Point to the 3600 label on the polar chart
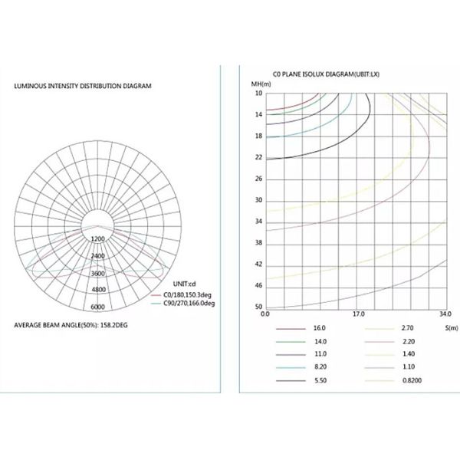tap(97, 273)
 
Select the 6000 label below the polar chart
tap(97, 307)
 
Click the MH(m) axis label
tap(261, 82)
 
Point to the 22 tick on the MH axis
tap(258, 157)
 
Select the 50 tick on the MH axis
tap(258, 307)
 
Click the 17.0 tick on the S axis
tap(358, 314)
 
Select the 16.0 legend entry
tap(319, 327)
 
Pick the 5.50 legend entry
tap(319, 380)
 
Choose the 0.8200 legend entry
tap(413, 380)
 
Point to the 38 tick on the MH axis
tap(258, 243)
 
